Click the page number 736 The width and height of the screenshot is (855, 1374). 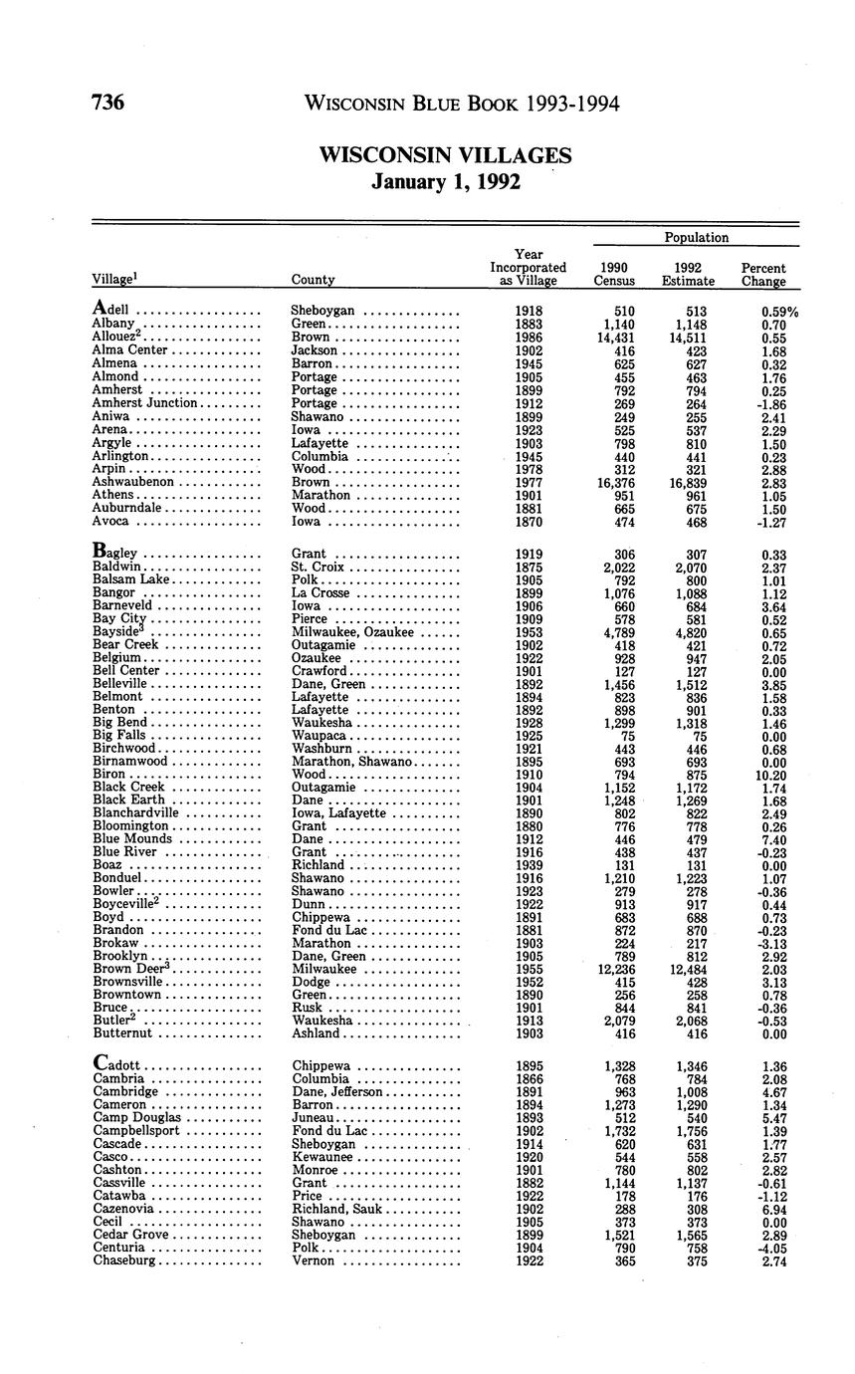pos(107,103)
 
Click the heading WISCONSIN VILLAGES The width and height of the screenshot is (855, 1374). pos(445,155)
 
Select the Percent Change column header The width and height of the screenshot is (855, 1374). pos(763,274)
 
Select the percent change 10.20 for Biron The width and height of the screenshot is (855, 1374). pos(768,774)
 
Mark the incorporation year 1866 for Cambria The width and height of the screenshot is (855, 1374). pos(529,1079)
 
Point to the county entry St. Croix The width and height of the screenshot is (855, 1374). pos(318,568)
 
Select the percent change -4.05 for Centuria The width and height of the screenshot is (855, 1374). pos(768,1248)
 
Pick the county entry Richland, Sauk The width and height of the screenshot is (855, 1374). pos(336,1209)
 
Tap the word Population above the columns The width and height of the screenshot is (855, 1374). pos(696,237)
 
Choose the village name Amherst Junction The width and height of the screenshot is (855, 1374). pos(145,403)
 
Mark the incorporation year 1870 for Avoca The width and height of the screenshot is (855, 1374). pos(529,520)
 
